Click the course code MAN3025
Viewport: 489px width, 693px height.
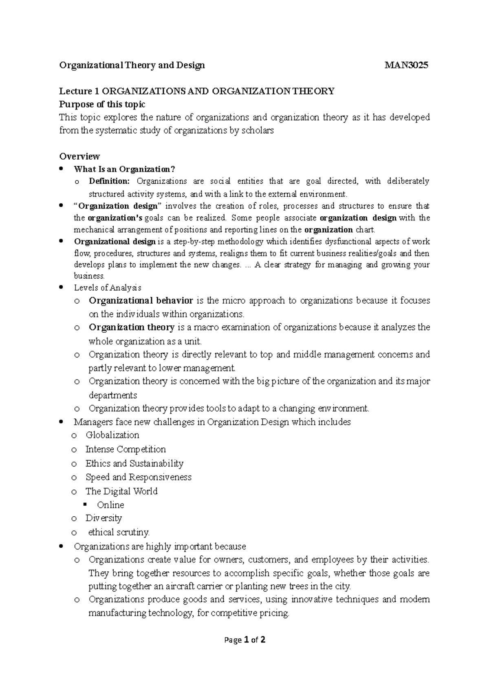(406, 65)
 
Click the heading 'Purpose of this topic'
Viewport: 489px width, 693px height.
(102, 104)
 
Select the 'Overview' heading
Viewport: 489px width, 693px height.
(79, 156)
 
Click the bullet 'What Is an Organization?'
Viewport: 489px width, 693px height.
(124, 169)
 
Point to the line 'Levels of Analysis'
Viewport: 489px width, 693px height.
(108, 288)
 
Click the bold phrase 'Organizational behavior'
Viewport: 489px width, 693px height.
(141, 301)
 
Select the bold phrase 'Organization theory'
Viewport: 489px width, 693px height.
(132, 327)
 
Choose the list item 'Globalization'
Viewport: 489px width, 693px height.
(112, 435)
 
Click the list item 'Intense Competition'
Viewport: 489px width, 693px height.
(126, 449)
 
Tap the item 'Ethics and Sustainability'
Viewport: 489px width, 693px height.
(134, 464)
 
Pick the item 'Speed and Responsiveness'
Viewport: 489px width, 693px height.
(139, 477)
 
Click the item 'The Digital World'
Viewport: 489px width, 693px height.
(121, 491)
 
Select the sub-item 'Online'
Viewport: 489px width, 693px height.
(110, 505)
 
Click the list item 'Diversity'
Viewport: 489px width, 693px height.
(104, 518)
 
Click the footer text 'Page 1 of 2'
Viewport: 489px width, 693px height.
(245, 640)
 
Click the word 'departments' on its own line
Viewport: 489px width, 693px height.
(113, 395)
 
